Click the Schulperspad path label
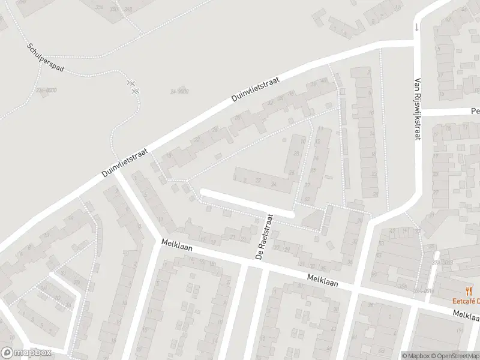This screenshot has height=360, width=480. coord(46,58)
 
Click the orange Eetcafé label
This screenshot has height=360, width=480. coord(464,301)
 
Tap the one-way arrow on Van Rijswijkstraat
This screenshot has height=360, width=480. coord(416,27)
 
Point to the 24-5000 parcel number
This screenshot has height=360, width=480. coord(179,91)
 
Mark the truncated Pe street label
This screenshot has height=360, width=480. coord(475,111)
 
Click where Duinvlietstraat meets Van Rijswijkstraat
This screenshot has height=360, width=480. coord(416,41)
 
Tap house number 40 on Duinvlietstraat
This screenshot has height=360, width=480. coord(324,80)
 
